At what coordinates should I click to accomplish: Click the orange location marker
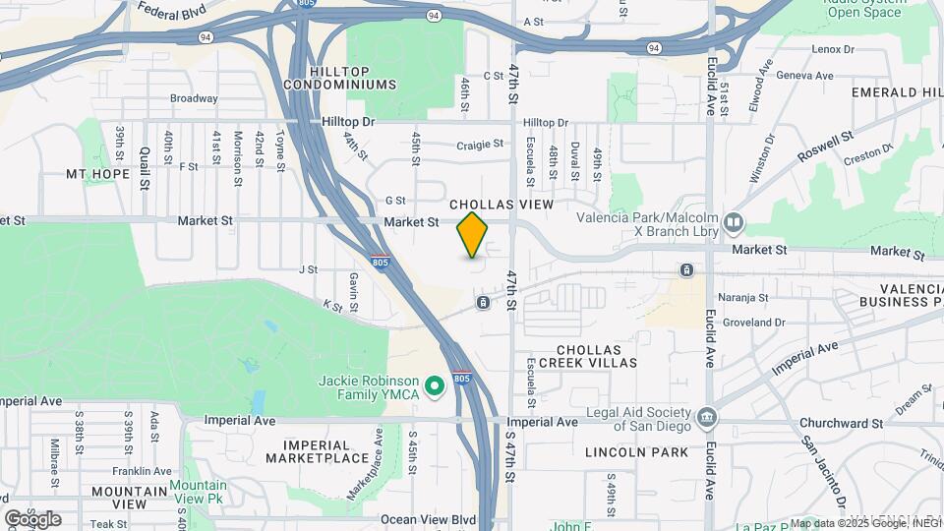[473, 234]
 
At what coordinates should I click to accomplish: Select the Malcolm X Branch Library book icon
[734, 223]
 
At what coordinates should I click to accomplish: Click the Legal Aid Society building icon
[706, 420]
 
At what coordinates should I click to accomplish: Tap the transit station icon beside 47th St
[483, 302]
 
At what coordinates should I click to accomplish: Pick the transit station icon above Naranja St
[686, 269]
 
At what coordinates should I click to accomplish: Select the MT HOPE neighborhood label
[98, 174]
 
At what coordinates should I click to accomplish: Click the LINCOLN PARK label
[636, 452]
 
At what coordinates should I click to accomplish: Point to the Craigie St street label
[480, 145]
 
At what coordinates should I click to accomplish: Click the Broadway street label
[194, 98]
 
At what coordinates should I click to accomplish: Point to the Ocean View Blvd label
[428, 519]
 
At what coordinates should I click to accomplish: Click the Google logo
[32, 519]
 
